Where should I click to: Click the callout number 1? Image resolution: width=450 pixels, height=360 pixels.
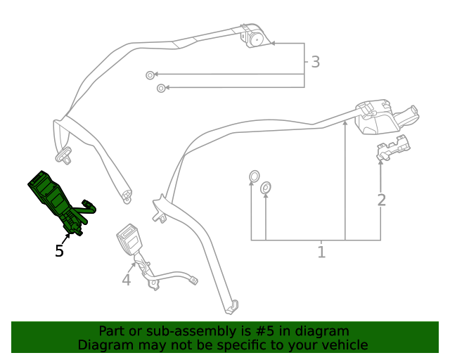pos(321,252)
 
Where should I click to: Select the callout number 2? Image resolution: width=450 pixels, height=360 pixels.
pos(381,200)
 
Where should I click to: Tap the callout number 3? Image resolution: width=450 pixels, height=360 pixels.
pos(315,62)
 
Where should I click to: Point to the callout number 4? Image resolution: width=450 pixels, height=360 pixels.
pos(127,281)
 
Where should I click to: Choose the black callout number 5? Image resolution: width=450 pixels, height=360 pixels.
pos(59,251)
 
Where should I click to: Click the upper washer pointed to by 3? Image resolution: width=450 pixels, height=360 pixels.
pos(149,75)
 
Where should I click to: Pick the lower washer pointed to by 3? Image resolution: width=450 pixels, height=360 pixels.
pos(162,88)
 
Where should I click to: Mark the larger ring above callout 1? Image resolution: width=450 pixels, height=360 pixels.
pos(254,175)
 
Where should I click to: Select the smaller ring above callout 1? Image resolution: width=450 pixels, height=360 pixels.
pos(266,188)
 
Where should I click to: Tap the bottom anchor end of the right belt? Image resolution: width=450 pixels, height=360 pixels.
pos(231,307)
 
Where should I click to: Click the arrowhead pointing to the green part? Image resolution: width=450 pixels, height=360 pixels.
pos(68,236)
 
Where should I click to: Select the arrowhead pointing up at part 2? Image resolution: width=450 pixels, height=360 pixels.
pos(380,162)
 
